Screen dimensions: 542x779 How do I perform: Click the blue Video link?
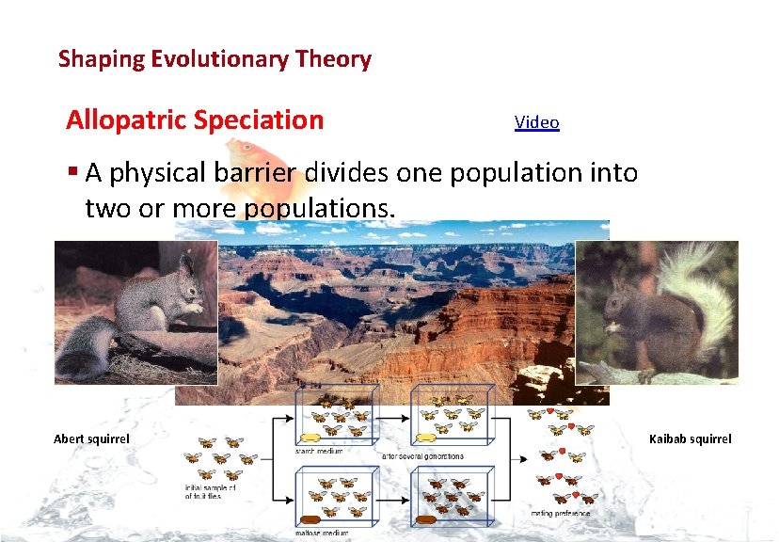pos(536,122)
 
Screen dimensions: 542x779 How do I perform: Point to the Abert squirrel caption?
pos(91,439)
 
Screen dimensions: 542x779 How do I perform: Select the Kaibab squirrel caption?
pos(690,439)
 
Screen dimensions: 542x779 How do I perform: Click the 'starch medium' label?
pos(318,451)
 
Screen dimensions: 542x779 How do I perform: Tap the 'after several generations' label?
pos(422,455)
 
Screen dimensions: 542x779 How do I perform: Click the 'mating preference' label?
pos(561,513)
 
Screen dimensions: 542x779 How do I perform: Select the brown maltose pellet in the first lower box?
pos(313,518)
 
